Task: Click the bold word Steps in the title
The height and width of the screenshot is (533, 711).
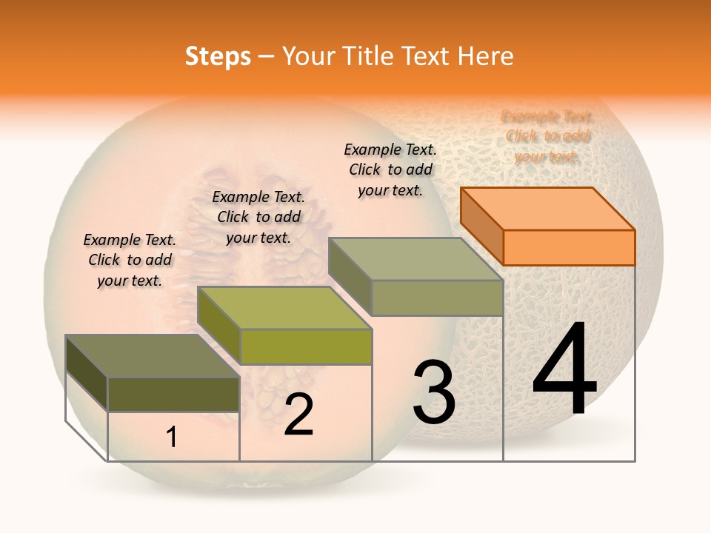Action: click(218, 56)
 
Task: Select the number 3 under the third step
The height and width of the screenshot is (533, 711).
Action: click(434, 392)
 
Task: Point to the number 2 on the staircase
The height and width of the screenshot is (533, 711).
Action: click(298, 415)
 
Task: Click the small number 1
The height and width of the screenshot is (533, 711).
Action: click(172, 438)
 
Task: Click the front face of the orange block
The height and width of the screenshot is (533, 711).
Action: click(569, 247)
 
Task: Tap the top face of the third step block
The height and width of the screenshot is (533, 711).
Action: click(415, 259)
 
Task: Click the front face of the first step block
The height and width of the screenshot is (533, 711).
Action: click(173, 394)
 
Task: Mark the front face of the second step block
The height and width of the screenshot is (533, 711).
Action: click(306, 346)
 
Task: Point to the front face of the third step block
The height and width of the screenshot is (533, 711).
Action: click(437, 298)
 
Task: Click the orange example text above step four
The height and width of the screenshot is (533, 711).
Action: click(547, 136)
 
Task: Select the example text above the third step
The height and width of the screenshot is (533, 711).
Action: click(390, 170)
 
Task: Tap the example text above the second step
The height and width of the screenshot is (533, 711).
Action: click(258, 217)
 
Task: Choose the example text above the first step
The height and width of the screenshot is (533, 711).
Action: click(130, 260)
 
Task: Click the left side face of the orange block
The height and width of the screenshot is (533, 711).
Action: click(481, 226)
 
